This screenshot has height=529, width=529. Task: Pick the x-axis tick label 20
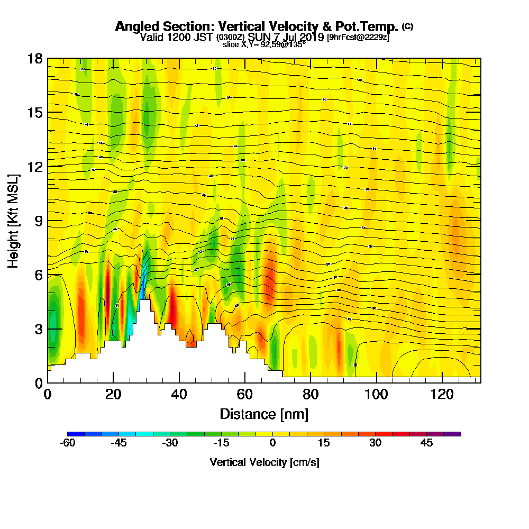point(113,394)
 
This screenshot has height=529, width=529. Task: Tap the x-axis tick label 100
point(376,394)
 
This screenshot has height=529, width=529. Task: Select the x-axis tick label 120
point(442,394)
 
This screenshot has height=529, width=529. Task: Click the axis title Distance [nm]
point(264,414)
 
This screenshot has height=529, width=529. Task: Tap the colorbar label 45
point(426,443)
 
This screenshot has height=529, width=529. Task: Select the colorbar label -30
point(170,443)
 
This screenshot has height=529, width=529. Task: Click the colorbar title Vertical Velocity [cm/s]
point(264,462)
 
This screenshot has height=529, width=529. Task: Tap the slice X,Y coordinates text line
point(264,44)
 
